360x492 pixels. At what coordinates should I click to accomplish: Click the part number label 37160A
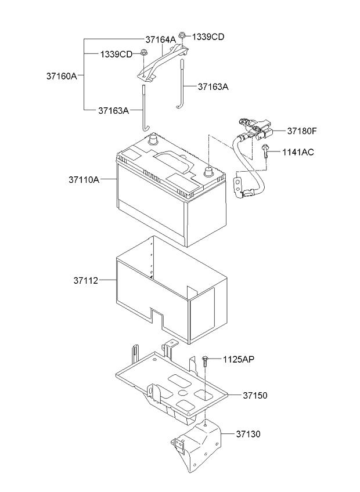[62, 76]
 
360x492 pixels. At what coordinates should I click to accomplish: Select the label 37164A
[160, 39]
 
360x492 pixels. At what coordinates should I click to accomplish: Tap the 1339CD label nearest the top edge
[208, 37]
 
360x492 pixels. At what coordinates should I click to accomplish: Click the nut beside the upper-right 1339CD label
[182, 35]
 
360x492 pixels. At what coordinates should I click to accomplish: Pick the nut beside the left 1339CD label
[143, 53]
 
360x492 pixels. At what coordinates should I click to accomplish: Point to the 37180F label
[302, 131]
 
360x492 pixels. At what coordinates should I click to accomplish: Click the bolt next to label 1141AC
[265, 151]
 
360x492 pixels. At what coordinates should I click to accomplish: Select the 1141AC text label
[298, 152]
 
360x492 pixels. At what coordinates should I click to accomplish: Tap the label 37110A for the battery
[84, 180]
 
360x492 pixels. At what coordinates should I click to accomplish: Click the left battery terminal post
[153, 139]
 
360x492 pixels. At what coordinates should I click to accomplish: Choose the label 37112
[86, 280]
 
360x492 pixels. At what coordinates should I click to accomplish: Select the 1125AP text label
[239, 359]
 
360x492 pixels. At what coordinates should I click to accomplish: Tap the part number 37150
[255, 395]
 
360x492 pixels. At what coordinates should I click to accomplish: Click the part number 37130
[249, 434]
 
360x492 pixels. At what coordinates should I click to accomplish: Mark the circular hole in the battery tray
[182, 393]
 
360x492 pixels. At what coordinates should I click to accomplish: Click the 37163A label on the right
[213, 86]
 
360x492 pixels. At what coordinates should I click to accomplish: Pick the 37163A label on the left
[114, 110]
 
